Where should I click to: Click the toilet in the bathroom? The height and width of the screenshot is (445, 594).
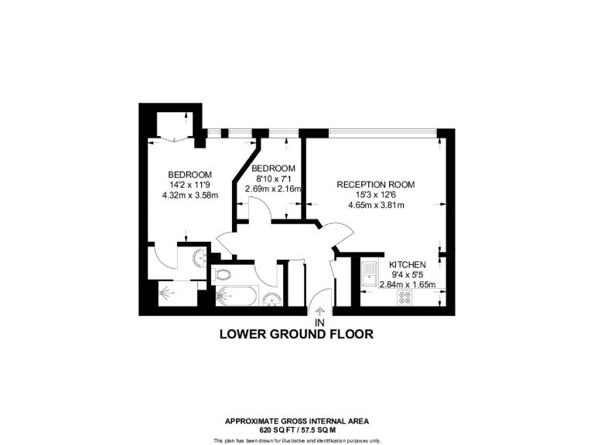[x=224, y=274]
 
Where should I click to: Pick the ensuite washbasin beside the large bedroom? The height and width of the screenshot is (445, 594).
[x=197, y=257]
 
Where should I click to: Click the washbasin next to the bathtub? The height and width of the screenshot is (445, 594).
[x=271, y=298]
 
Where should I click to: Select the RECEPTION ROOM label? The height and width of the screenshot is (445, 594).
[x=376, y=185]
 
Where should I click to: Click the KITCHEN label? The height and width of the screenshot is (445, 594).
[x=408, y=264]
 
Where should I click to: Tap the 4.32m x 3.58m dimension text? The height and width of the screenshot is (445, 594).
[x=190, y=195]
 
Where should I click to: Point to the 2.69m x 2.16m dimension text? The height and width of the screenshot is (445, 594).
[x=273, y=189]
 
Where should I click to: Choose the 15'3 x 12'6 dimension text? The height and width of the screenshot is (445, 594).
[x=376, y=195]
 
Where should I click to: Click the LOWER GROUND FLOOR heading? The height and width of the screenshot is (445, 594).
[x=297, y=335]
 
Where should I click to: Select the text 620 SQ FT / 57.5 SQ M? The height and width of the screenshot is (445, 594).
[x=297, y=429]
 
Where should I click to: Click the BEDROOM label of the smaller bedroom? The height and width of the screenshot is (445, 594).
[x=274, y=168]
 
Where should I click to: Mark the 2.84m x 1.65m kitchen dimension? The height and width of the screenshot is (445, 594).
[x=408, y=284]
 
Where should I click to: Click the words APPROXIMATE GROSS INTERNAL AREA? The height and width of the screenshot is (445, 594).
[x=297, y=421]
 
